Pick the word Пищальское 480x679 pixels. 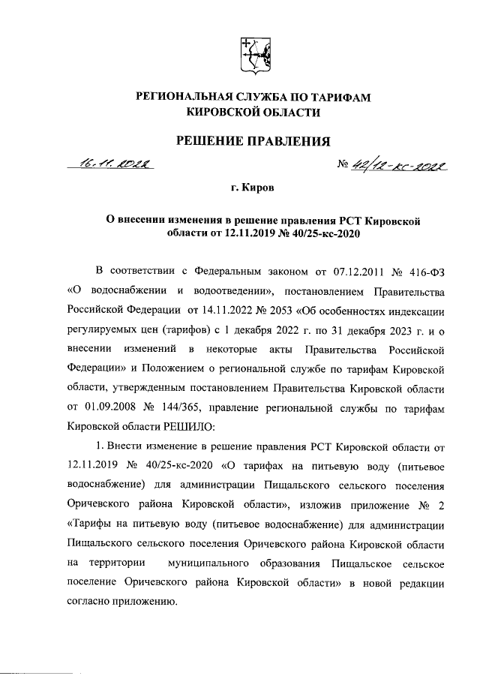363,563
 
